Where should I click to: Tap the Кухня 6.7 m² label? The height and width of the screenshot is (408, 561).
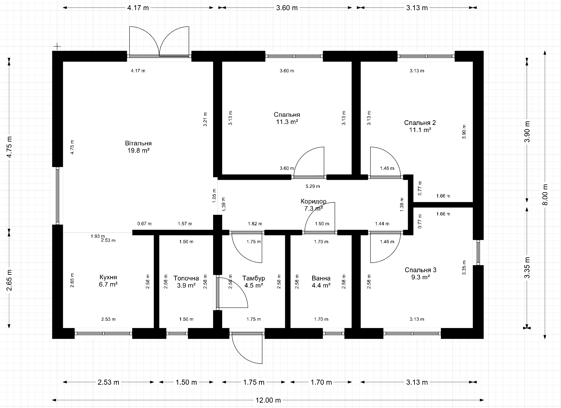pyautogui.click(x=108, y=281)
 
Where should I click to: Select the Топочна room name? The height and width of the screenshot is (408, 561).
pyautogui.click(x=186, y=278)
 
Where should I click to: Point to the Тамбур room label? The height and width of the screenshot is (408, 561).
pyautogui.click(x=254, y=278)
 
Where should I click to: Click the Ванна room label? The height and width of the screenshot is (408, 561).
pyautogui.click(x=321, y=278)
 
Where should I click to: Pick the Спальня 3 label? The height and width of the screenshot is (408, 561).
pyautogui.click(x=421, y=270)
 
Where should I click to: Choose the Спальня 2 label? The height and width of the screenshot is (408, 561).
pyautogui.click(x=420, y=123)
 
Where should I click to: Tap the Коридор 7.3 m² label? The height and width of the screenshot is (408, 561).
pyautogui.click(x=313, y=205)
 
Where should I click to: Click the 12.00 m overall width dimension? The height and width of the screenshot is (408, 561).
pyautogui.click(x=268, y=400)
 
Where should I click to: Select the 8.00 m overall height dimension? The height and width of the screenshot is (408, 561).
pyautogui.click(x=545, y=195)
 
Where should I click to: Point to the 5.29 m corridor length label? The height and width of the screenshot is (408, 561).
pyautogui.click(x=313, y=186)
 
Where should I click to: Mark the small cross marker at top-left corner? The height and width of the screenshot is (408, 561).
pyautogui.click(x=57, y=47)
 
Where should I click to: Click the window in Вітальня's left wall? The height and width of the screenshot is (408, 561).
pyautogui.click(x=58, y=195)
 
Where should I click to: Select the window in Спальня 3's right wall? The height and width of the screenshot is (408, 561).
pyautogui.click(x=478, y=252)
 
